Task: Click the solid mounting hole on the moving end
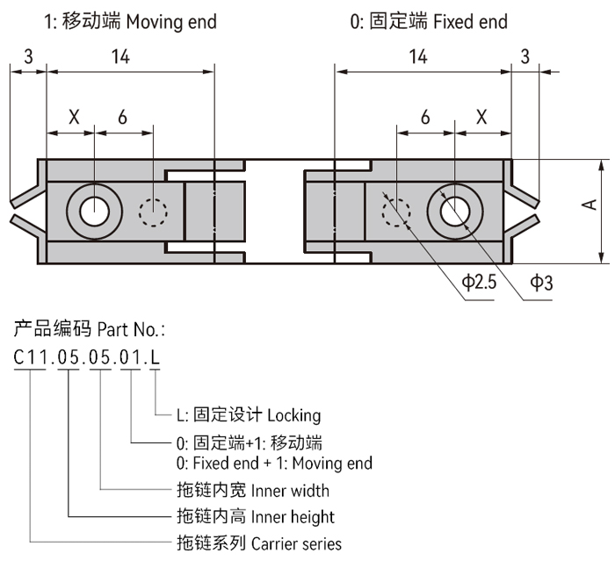93,211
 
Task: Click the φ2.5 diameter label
480,282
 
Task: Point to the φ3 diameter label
541,282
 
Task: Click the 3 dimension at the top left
29,57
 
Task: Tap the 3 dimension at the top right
525,57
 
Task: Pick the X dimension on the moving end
73,117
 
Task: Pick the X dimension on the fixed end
481,117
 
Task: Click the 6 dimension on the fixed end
425,117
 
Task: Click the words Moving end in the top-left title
171,19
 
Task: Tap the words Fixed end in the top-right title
470,19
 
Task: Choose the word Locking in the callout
293,415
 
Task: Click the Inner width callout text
290,489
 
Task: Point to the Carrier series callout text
296,543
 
